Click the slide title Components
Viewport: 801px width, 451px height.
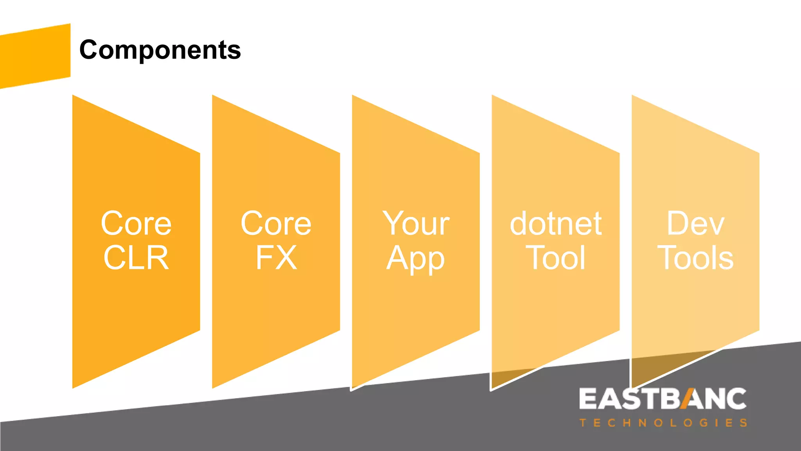160,50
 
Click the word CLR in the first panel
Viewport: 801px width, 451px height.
136,258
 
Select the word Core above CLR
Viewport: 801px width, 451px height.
136,224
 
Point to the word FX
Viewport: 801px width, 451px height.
276,258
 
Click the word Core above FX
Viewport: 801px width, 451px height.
276,224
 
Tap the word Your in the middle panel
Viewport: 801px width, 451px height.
416,224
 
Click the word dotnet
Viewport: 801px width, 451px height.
555,224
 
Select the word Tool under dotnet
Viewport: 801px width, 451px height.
555,258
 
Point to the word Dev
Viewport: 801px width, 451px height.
695,224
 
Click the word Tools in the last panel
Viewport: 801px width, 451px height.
695,258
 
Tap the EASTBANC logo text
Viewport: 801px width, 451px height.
663,399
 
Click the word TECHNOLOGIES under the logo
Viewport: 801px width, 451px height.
663,423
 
